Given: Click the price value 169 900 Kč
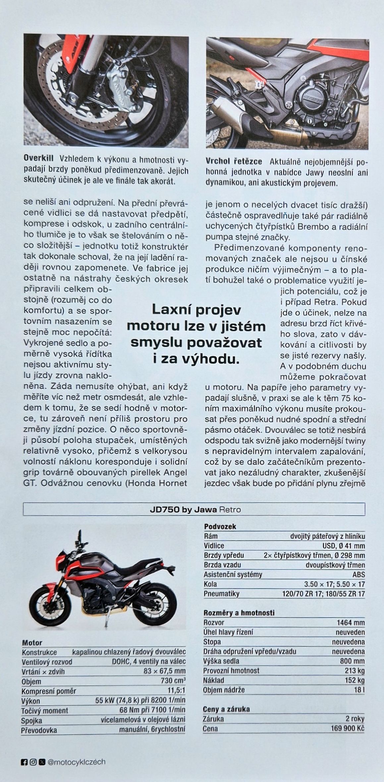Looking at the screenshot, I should pyautogui.click(x=347, y=729).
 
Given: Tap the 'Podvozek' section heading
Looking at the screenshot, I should pyautogui.click(x=220, y=527).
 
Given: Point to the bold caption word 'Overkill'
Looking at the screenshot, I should pyautogui.click(x=38, y=159).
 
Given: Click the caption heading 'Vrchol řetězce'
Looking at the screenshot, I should pyautogui.click(x=234, y=162).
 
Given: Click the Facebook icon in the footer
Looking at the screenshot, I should pyautogui.click(x=24, y=762).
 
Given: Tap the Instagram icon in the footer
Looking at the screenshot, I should pyautogui.click(x=33, y=762).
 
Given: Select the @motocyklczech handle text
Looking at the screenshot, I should pyautogui.click(x=77, y=762).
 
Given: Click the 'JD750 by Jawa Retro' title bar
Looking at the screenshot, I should pyautogui.click(x=194, y=509).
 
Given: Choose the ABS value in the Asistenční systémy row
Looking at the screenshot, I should pyautogui.click(x=358, y=575).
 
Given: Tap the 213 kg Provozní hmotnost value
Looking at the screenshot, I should pyautogui.click(x=355, y=671).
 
